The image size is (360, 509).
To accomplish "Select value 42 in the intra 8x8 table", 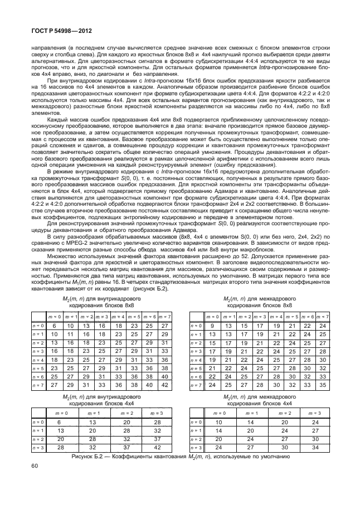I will (163, 384).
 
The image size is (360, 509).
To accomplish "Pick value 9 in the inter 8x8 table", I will (212, 325).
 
